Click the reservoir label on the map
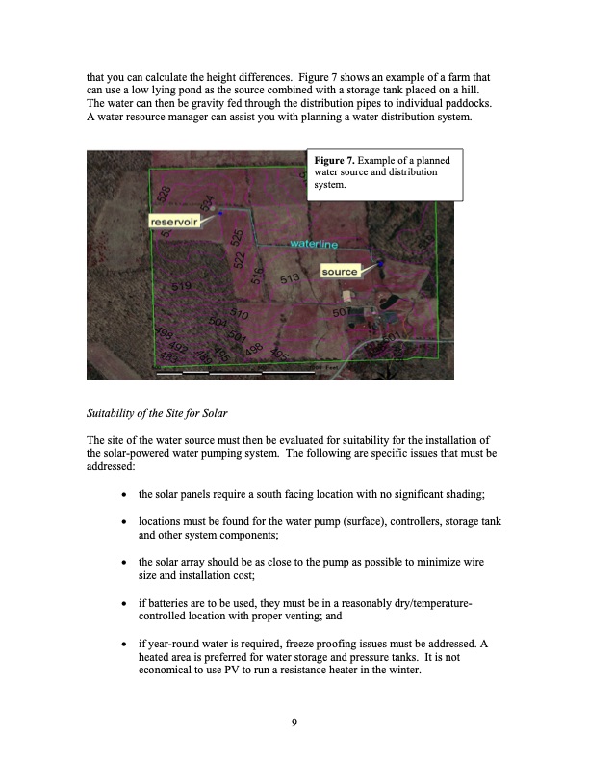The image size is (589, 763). coord(178,222)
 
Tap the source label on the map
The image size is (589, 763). coord(340,272)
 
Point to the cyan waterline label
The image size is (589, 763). coord(314,245)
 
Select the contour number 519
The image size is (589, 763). coord(181,287)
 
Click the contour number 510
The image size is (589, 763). coord(240,315)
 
